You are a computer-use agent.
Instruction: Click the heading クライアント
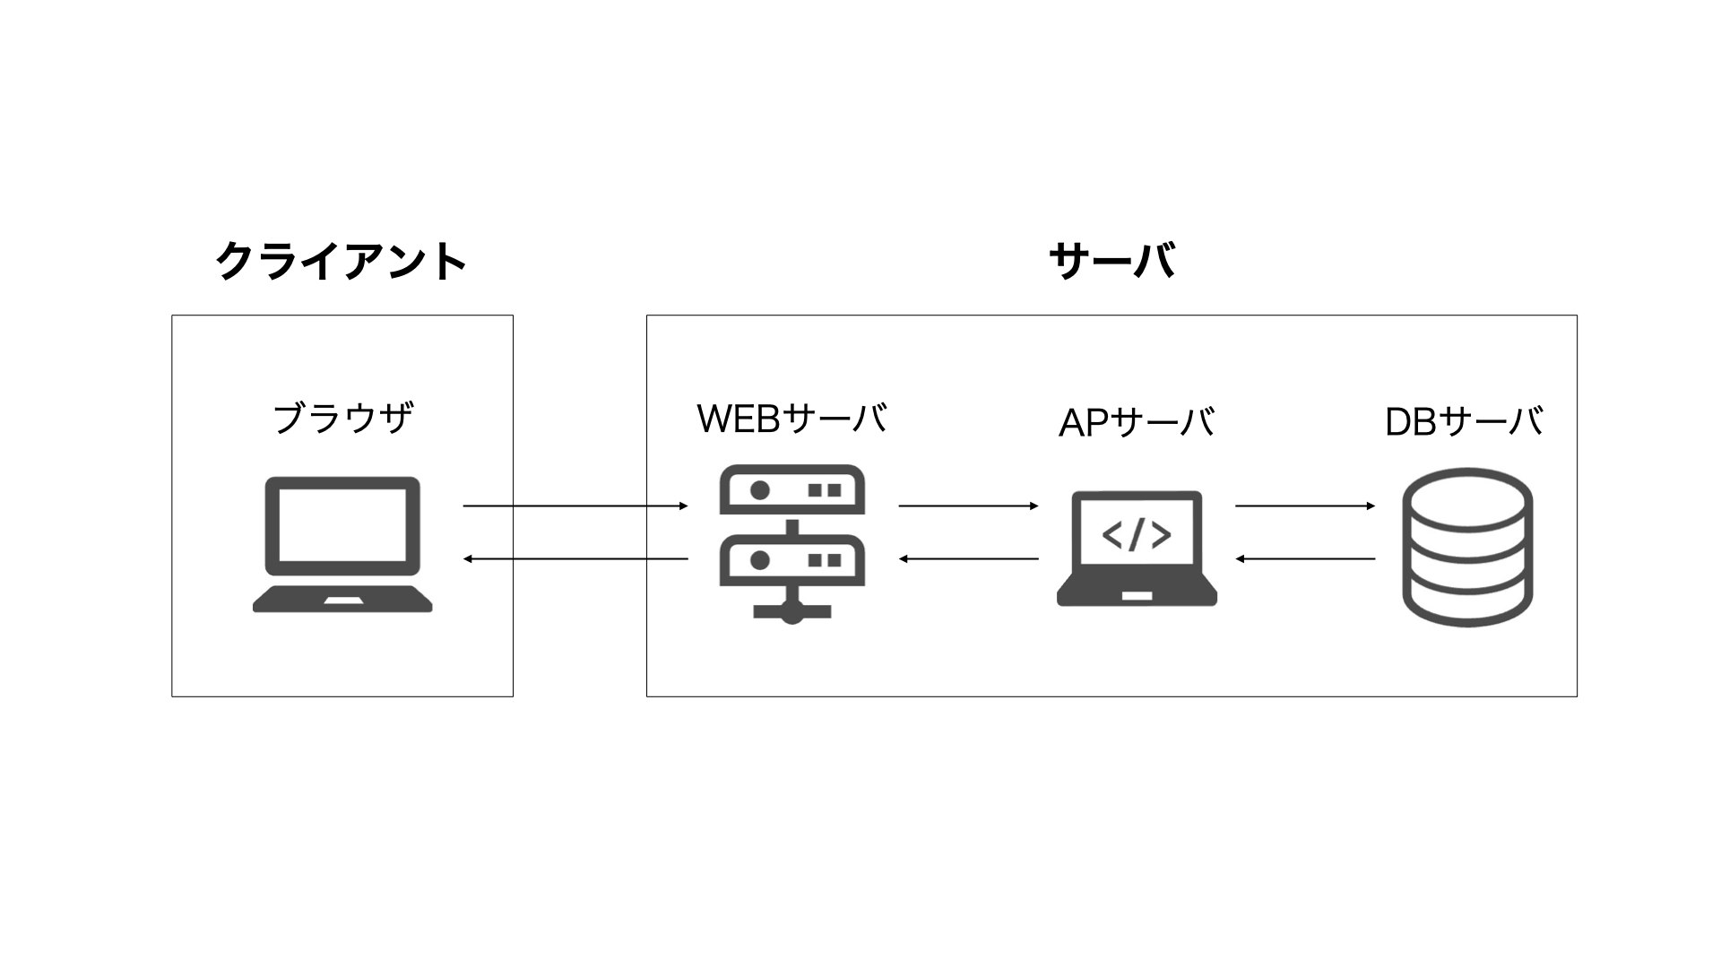(341, 262)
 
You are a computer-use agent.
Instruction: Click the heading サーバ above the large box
(1111, 262)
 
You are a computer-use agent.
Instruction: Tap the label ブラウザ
(342, 419)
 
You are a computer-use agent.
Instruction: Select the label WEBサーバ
(792, 419)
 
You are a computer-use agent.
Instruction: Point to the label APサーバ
(1137, 422)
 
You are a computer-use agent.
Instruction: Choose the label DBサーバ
(1464, 422)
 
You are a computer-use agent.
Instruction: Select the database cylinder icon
(1467, 546)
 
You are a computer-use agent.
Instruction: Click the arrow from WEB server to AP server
(968, 506)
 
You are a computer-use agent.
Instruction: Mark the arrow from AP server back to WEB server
(968, 559)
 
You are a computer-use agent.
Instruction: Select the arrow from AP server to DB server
(1305, 506)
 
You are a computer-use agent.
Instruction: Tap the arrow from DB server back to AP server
(1305, 559)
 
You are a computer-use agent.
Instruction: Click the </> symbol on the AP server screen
(1137, 535)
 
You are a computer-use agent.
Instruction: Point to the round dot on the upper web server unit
(760, 490)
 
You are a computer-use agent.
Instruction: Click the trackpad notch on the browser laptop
(342, 600)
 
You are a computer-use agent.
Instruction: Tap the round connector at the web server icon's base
(791, 615)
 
